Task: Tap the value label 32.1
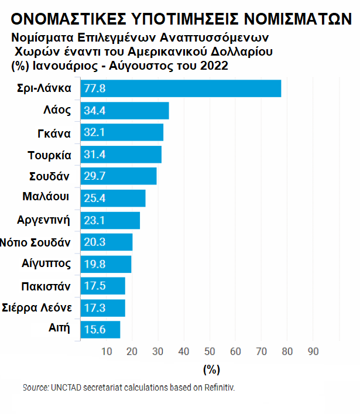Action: pyautogui.click(x=94, y=133)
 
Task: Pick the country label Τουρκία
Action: pyautogui.click(x=50, y=155)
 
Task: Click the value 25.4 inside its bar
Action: pyautogui.click(x=94, y=199)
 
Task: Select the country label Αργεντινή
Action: pyautogui.click(x=44, y=221)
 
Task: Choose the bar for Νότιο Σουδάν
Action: pyautogui.click(x=106, y=242)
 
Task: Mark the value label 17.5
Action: pyautogui.click(x=94, y=286)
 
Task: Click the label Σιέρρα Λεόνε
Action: pyautogui.click(x=37, y=307)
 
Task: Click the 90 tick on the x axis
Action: pyautogui.click(x=313, y=351)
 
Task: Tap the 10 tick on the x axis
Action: pyautogui.click(x=107, y=351)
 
